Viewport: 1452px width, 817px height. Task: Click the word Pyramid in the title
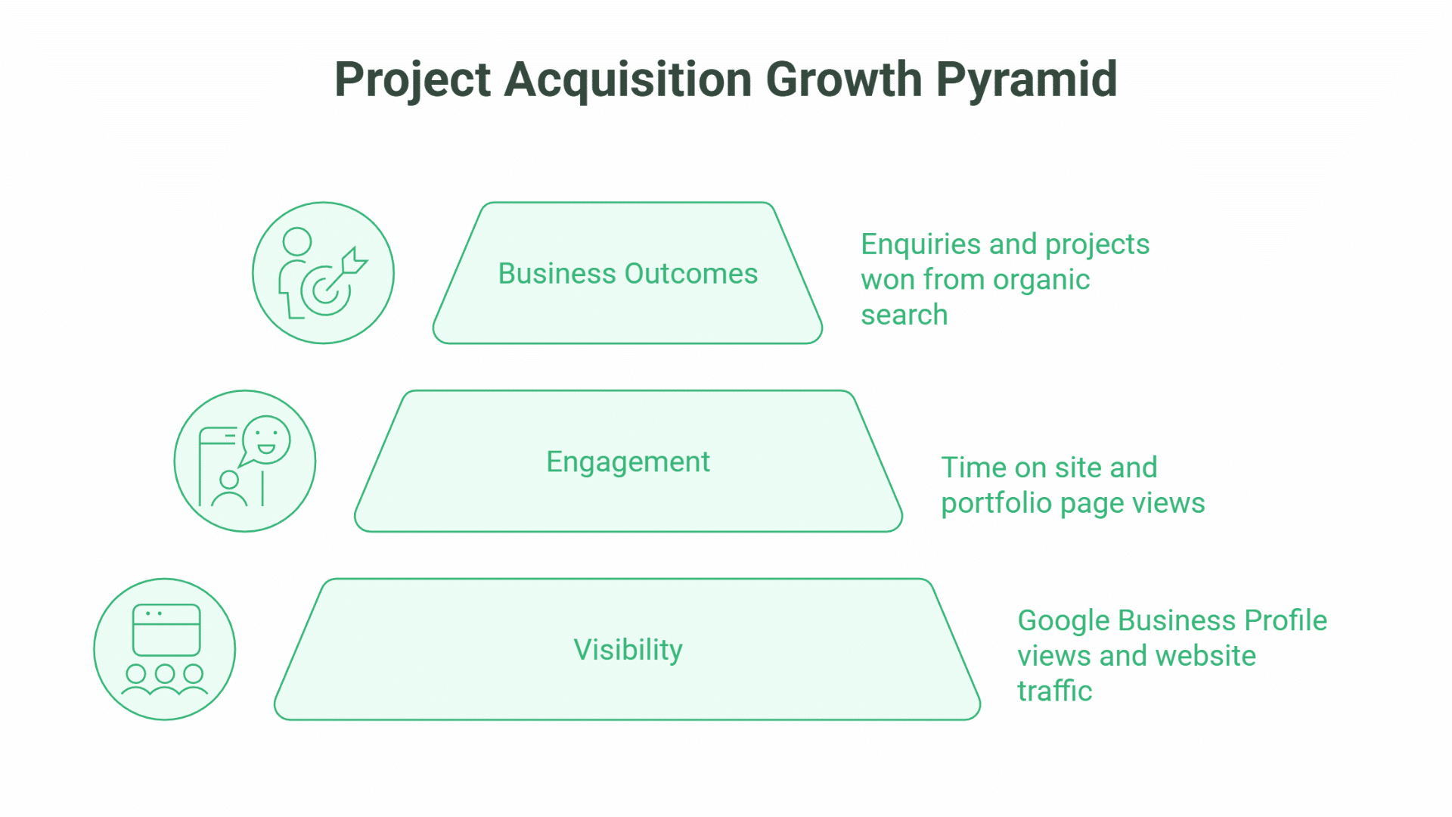1026,79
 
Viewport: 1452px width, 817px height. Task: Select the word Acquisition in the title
627,79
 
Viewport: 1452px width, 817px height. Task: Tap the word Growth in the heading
843,79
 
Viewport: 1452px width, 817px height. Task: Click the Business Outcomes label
628,274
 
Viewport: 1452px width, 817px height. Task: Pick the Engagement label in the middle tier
628,461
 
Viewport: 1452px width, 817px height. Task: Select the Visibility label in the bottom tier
628,650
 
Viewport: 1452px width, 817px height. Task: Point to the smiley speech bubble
265,440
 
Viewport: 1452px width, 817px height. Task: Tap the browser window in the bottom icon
166,629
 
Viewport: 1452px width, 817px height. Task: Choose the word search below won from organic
904,315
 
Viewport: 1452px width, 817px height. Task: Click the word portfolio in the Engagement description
995,504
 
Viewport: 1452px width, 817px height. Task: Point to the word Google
1063,621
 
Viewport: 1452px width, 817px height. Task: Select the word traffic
1054,691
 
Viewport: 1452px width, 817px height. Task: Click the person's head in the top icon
297,242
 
